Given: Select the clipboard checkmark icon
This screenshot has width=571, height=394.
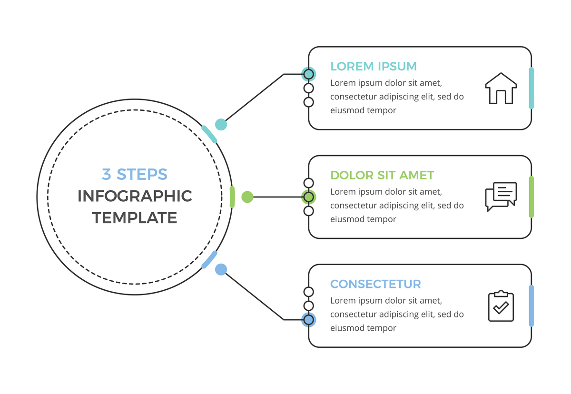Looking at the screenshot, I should tap(501, 306).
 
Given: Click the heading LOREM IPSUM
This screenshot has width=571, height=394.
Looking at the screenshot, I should tap(374, 66).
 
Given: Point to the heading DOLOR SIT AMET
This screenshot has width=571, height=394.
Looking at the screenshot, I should tap(382, 175).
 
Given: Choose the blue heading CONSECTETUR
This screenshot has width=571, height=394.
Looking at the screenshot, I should tap(375, 284).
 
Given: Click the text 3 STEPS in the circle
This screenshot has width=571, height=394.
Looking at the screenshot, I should tap(135, 174).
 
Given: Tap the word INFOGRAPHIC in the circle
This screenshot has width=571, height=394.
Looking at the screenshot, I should tap(135, 196).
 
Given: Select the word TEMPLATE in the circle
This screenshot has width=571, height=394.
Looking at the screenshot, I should tap(135, 218).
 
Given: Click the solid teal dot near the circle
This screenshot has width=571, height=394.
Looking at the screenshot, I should tap(221, 125).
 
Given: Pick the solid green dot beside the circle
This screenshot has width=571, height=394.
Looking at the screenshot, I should tap(247, 197).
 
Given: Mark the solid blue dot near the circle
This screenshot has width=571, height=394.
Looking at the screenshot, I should tap(221, 269).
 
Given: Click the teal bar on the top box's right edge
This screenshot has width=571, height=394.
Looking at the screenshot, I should tap(531, 88).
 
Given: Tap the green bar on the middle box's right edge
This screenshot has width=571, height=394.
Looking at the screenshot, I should tap(531, 197).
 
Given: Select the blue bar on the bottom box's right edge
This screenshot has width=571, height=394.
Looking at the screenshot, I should tap(531, 306).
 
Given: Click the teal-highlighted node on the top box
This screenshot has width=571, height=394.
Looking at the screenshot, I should tap(309, 74).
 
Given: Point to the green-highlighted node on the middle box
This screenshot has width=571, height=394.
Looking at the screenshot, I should tap(309, 197).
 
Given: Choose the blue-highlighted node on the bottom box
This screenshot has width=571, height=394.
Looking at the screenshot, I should tap(309, 320).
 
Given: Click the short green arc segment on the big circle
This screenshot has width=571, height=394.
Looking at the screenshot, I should tap(232, 197).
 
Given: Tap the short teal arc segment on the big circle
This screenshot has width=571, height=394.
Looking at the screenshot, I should tap(209, 134).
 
